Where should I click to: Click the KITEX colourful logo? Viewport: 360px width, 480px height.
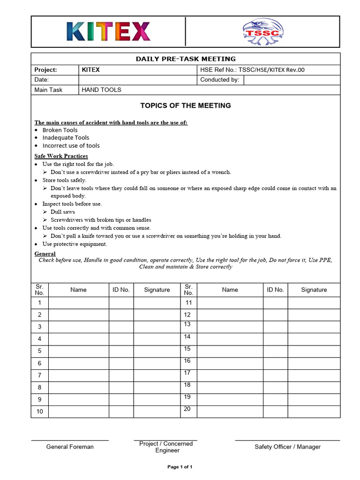tap(109, 31)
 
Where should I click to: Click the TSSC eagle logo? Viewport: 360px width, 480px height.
tap(262, 32)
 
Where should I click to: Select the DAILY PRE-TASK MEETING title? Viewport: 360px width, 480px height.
tap(186, 59)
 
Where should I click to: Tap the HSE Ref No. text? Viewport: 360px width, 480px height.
tap(252, 70)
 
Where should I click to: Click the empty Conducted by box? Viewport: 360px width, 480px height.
tap(292, 80)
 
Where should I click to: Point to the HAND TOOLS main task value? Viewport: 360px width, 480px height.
tap(101, 90)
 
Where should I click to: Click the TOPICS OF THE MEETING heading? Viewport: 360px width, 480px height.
tap(186, 105)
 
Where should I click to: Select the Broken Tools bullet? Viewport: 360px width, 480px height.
tap(60, 130)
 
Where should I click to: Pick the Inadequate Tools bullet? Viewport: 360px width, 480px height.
tap(66, 137)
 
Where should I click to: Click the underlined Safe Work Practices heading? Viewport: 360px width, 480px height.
tap(61, 156)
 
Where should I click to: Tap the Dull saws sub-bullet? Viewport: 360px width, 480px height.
tap(63, 212)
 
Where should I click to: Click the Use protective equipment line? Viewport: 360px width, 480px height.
tap(75, 244)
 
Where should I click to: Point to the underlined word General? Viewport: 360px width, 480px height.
tap(45, 254)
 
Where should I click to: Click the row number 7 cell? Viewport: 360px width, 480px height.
tap(40, 375)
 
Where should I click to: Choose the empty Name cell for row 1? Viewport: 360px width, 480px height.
tap(78, 303)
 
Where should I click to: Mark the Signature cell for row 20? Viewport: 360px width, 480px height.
tap(314, 411)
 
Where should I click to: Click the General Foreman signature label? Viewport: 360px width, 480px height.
tap(70, 447)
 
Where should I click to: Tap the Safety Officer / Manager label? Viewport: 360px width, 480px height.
tap(287, 447)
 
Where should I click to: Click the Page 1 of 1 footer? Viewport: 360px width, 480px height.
tap(180, 467)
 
